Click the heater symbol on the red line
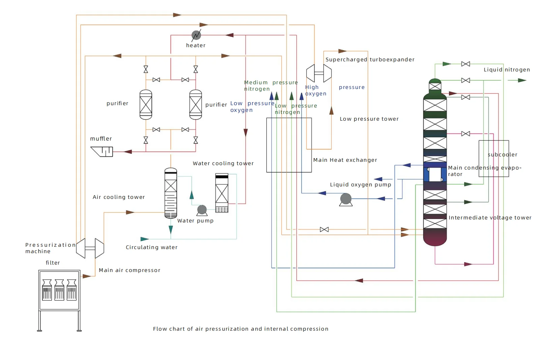click(196, 35)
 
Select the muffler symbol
click(102, 151)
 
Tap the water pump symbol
click(202, 210)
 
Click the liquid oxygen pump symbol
click(346, 199)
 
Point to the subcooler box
click(494, 158)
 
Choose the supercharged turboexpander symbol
click(319, 73)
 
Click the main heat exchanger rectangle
click(289, 145)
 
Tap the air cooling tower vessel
click(171, 193)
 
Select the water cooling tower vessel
click(222, 193)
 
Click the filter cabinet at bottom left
click(60, 290)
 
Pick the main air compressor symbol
click(90, 248)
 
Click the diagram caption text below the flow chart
click(240, 329)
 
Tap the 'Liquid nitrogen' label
click(506, 70)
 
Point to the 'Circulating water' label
click(151, 247)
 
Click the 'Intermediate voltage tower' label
click(490, 218)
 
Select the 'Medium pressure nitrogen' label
click(270, 86)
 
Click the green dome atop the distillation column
click(435, 81)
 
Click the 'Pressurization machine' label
click(50, 248)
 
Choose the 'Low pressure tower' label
click(369, 119)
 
